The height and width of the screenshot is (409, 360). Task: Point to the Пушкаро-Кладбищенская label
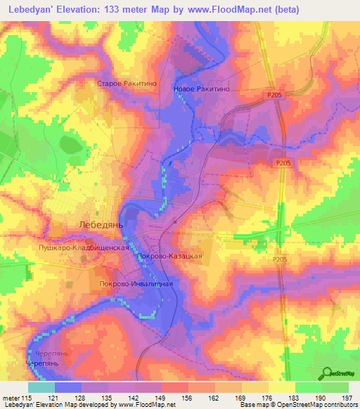click(x=83, y=248)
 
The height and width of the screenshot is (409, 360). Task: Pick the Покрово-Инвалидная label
click(x=135, y=285)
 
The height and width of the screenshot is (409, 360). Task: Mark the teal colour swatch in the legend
click(x=41, y=387)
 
